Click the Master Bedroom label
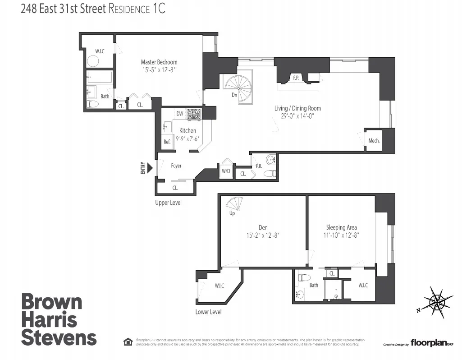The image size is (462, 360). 159,62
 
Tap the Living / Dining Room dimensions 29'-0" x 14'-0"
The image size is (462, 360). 297,116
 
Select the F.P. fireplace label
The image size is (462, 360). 296,78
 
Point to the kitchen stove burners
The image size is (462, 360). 195,114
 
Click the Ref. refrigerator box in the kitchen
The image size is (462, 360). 167,142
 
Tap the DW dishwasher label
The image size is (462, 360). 179,114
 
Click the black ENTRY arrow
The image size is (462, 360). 150,168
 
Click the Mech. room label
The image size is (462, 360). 374,141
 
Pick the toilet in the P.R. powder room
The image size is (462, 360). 270,174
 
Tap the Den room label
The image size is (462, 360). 263,227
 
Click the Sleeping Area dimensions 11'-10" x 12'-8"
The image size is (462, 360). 341,235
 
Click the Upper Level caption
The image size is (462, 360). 168,203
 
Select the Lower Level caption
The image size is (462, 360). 208,312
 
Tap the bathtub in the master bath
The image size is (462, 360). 99,77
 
